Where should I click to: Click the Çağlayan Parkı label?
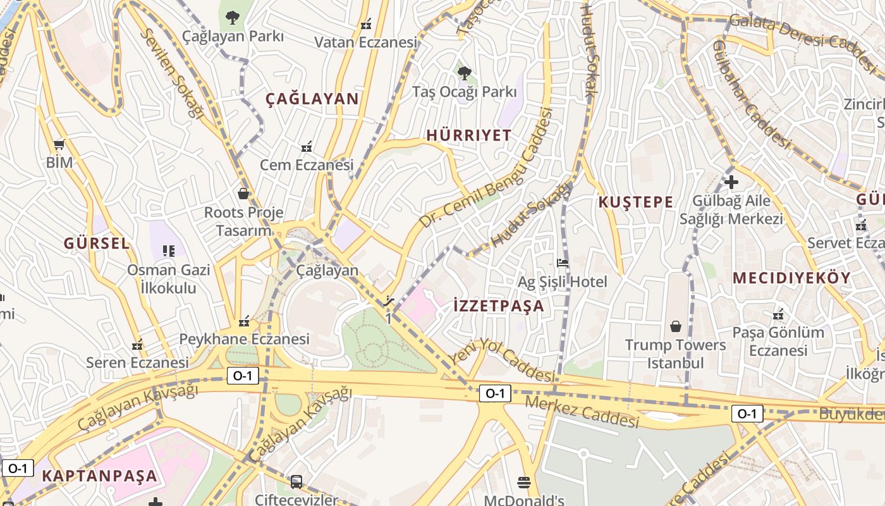point(233,36)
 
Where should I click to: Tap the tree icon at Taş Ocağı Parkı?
point(465,73)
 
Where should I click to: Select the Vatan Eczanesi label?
point(366,42)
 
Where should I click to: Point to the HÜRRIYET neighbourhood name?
point(468,135)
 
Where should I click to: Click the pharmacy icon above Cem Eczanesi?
point(307,147)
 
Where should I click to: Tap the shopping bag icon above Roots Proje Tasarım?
point(243,194)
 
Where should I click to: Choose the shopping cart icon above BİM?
point(59,144)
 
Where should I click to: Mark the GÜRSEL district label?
point(97,244)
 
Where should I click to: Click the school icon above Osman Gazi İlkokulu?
point(169,251)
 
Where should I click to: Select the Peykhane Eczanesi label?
point(244,339)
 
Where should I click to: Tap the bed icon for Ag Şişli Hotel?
point(562,263)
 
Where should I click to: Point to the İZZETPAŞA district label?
point(499,306)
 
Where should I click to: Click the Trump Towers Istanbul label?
point(675,354)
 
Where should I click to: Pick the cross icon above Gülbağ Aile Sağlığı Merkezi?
point(731,183)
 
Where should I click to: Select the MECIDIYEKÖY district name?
point(791,278)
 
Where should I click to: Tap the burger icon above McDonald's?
point(524,483)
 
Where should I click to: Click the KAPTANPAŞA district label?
point(99,476)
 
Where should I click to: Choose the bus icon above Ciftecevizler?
point(296,482)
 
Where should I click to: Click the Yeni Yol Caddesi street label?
point(502,360)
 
